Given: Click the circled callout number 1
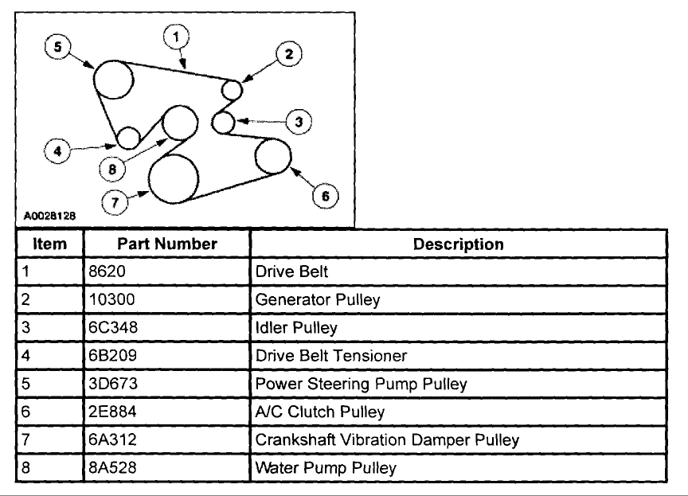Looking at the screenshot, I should (176, 37).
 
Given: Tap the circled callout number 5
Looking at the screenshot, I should (57, 47).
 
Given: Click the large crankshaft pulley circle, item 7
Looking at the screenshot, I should (174, 179).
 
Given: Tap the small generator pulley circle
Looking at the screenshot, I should (232, 88).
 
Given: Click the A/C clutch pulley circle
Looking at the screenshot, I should (272, 156).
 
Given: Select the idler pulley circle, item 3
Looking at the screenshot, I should (225, 122).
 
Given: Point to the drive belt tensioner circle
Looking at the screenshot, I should (129, 138).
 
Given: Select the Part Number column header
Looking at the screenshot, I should (167, 244).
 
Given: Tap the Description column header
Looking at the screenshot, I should (458, 244).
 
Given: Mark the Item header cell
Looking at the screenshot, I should (49, 244).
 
